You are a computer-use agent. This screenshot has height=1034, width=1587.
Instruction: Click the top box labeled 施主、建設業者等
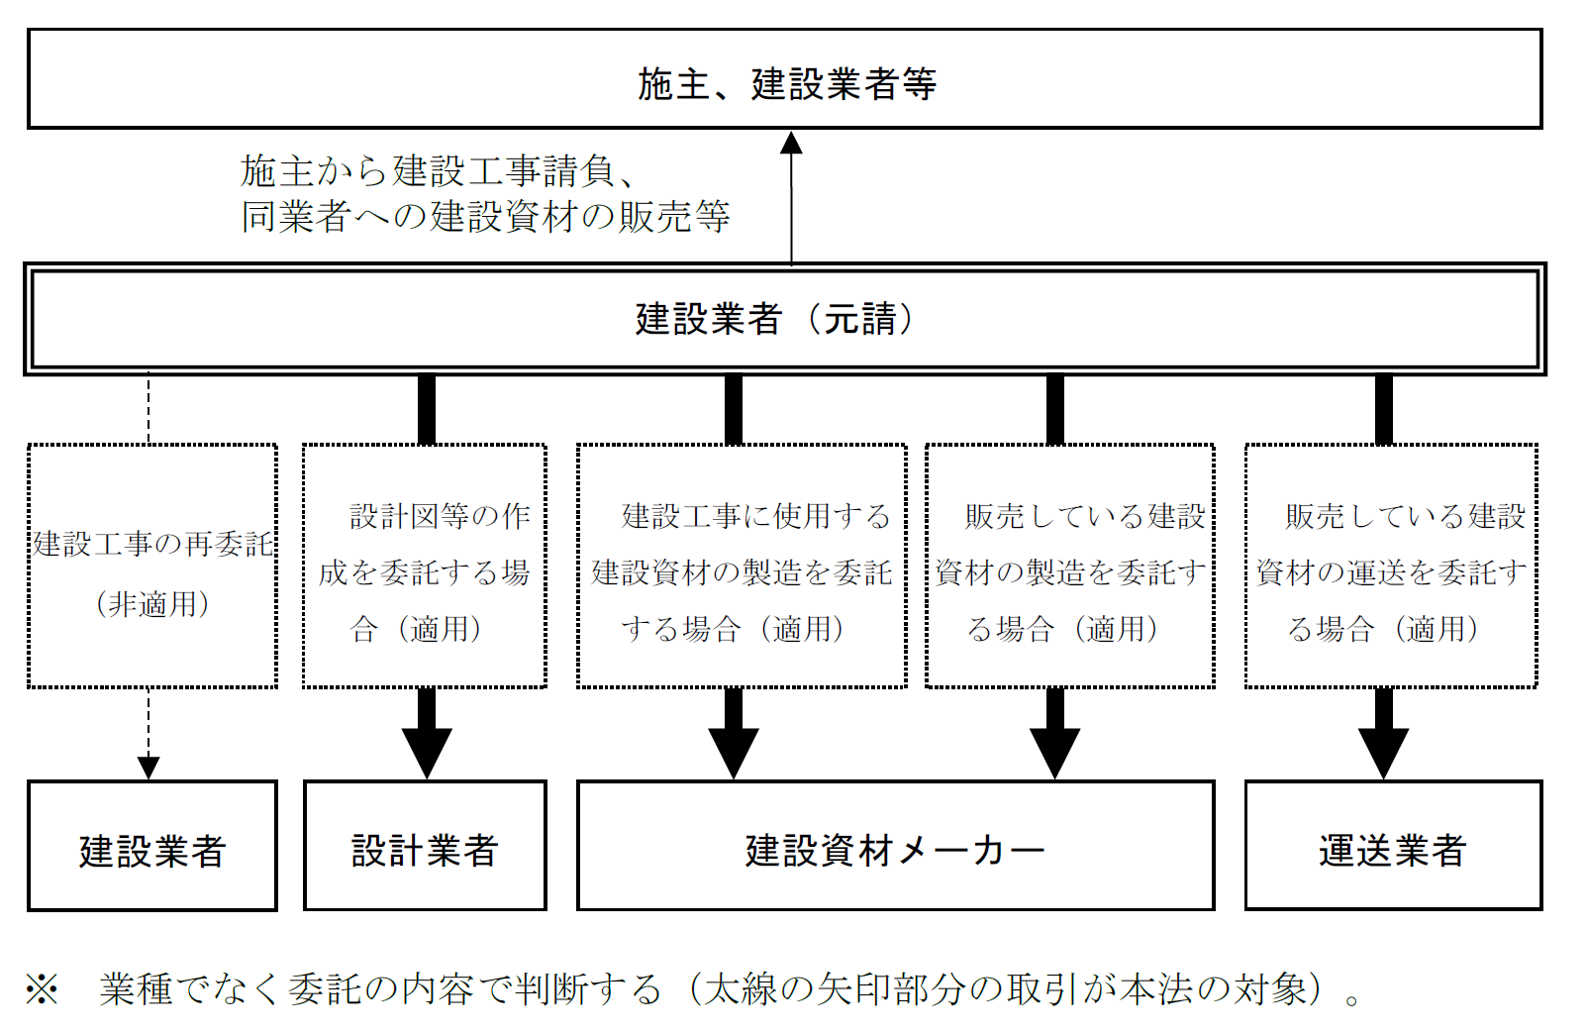click(785, 79)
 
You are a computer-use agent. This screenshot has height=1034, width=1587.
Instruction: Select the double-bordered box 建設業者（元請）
click(785, 319)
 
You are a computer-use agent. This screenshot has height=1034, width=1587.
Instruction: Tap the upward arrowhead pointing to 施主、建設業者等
click(791, 144)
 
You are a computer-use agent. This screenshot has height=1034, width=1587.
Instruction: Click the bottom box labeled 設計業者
click(425, 847)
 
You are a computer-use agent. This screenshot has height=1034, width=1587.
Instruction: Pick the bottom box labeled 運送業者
click(1393, 847)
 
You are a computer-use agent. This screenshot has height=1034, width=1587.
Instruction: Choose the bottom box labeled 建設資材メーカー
click(895, 847)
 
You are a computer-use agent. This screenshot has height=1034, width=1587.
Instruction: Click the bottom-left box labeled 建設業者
click(152, 847)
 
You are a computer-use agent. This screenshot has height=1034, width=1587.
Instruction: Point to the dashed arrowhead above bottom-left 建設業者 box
click(149, 768)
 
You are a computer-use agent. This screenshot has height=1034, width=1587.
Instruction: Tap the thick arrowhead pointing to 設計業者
click(427, 753)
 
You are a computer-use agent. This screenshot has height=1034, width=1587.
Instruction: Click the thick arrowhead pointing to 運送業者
click(1383, 753)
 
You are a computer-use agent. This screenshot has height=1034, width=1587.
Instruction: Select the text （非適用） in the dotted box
click(152, 603)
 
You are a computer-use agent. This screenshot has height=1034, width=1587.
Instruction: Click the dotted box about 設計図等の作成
click(425, 567)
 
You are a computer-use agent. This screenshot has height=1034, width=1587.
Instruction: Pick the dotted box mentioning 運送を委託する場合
click(1391, 567)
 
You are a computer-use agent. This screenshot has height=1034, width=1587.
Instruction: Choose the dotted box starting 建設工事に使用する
click(742, 567)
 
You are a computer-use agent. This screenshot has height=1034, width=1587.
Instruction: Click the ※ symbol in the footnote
click(43, 988)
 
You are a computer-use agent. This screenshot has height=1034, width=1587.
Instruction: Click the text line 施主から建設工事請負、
click(437, 171)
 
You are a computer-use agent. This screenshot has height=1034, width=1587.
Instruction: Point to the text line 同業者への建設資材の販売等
click(485, 216)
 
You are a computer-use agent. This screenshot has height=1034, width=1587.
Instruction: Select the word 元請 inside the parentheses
click(859, 319)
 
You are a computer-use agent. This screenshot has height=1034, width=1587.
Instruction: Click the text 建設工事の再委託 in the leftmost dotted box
click(152, 544)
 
